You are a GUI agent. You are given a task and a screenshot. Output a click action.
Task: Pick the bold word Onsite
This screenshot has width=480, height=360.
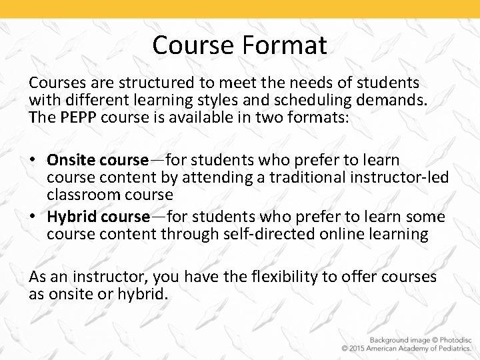tap(72, 161)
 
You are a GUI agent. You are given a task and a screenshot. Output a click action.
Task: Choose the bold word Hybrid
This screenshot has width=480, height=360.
tap(73, 217)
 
